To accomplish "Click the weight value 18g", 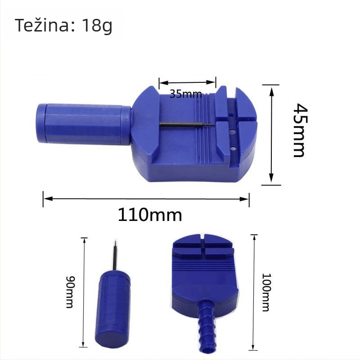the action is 97,26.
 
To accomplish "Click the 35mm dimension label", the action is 186,94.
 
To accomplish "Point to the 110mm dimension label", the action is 150,215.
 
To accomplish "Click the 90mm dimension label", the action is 70,292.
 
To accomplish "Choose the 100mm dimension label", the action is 266,292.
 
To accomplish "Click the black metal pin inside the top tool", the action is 187,125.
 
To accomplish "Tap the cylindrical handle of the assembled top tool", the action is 84,124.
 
